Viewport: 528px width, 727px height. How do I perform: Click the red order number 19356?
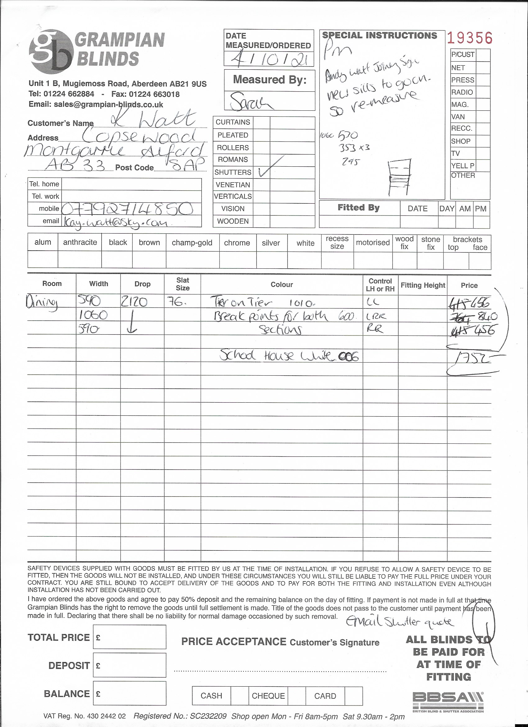pyautogui.click(x=469, y=38)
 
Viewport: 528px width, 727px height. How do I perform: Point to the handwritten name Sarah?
pyautogui.click(x=251, y=101)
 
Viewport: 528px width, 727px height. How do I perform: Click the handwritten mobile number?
pyautogui.click(x=127, y=209)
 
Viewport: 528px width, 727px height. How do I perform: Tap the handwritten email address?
pyautogui.click(x=116, y=222)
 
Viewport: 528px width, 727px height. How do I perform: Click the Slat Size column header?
pyautogui.click(x=183, y=284)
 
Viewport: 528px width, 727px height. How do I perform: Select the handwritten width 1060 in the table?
pyautogui.click(x=93, y=315)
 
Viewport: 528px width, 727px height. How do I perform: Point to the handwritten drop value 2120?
pyautogui.click(x=134, y=302)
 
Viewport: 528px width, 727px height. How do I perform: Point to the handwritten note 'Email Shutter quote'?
pyautogui.click(x=400, y=622)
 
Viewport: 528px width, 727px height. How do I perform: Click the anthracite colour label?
pyautogui.click(x=80, y=242)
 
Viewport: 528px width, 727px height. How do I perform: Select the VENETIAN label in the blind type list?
pyautogui.click(x=233, y=185)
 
